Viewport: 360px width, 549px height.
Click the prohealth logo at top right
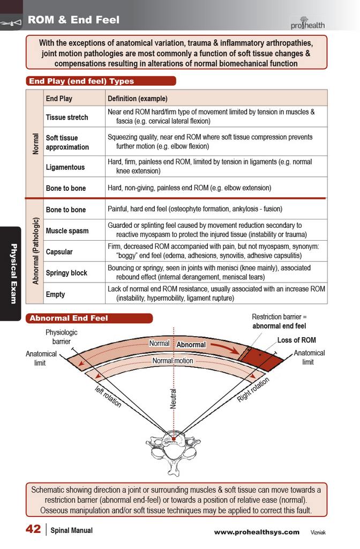(x=307, y=23)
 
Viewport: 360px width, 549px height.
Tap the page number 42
(x=33, y=529)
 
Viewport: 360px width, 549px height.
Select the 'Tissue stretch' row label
(x=67, y=117)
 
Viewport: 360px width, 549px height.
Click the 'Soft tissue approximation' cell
(x=67, y=143)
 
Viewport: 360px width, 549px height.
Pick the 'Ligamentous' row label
(x=65, y=167)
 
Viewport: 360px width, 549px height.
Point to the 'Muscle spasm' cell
(x=67, y=231)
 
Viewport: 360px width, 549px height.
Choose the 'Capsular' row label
(x=59, y=252)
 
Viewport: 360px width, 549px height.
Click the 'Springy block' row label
(x=66, y=273)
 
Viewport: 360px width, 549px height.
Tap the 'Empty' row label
(x=55, y=294)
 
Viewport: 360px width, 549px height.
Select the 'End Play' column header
(x=59, y=99)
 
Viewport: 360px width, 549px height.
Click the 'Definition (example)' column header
(x=138, y=99)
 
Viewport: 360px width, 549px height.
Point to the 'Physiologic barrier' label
(x=62, y=337)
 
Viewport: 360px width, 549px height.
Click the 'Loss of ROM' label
(x=297, y=340)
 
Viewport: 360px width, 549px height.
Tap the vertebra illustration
(x=173, y=452)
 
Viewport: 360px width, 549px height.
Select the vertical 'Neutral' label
(x=173, y=398)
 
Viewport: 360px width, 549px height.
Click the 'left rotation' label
(x=108, y=396)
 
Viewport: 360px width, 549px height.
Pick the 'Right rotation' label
(x=253, y=390)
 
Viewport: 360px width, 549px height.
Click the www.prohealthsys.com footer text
(x=257, y=532)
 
